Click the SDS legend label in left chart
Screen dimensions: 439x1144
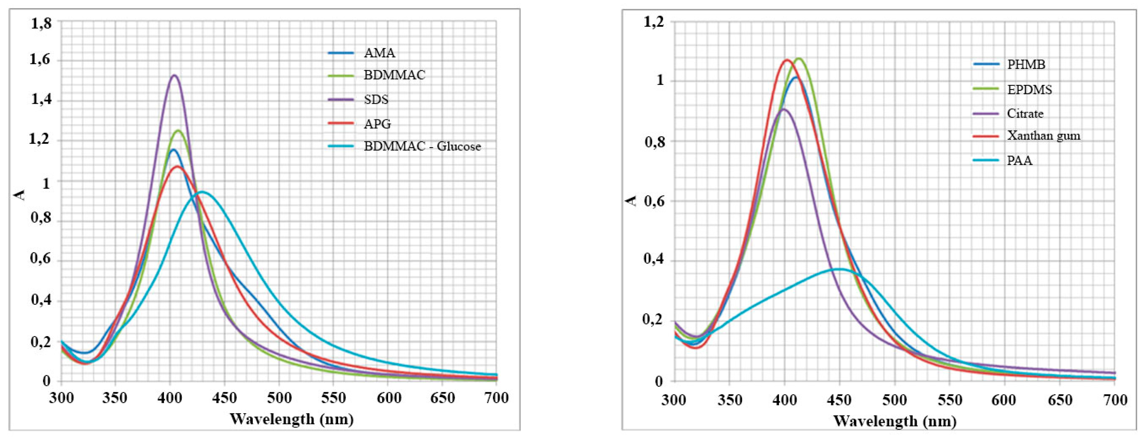click(376, 100)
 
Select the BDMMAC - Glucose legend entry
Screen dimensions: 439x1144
click(422, 146)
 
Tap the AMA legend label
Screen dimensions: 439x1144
click(379, 53)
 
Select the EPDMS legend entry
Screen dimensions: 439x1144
click(1029, 90)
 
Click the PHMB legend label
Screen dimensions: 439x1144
click(1026, 65)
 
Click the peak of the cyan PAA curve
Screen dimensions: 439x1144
click(839, 269)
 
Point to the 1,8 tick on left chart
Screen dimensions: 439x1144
click(41, 23)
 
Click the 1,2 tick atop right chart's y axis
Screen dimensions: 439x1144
click(653, 21)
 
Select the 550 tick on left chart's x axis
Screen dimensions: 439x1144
click(333, 398)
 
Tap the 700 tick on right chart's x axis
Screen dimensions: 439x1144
click(1115, 400)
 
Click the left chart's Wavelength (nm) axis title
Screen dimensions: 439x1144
click(291, 419)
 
